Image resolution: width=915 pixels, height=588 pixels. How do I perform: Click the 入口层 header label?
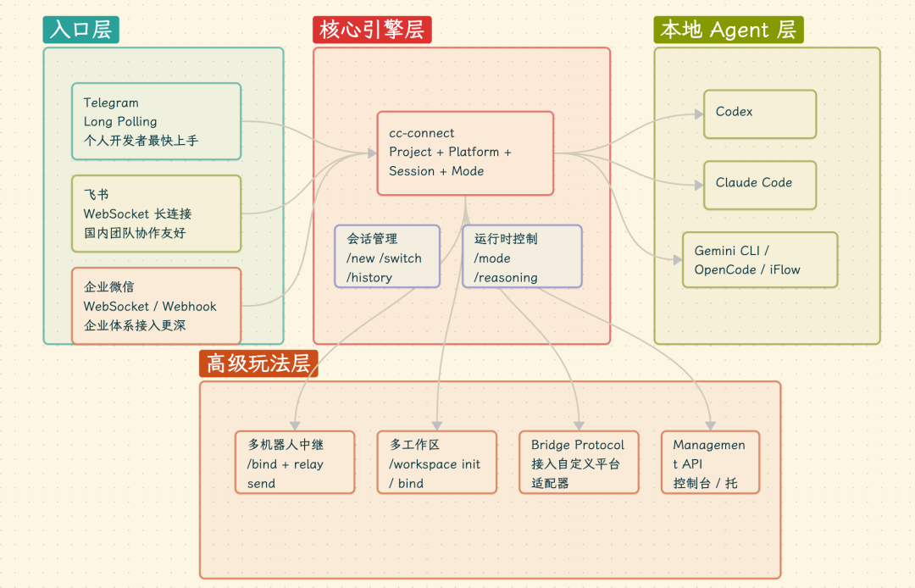(x=80, y=30)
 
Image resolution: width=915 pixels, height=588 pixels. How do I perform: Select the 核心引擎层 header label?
(x=372, y=30)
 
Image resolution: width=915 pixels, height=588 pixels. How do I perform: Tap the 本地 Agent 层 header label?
(x=728, y=30)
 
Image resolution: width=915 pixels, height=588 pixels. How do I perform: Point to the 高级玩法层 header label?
(x=258, y=363)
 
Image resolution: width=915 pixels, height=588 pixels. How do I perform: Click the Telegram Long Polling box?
(x=156, y=121)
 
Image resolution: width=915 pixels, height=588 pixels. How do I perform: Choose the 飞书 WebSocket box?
(x=156, y=214)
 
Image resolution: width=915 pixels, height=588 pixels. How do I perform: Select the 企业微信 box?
(x=156, y=306)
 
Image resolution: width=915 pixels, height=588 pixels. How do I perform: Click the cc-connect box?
(x=465, y=153)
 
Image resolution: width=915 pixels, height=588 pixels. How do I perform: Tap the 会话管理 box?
(x=387, y=257)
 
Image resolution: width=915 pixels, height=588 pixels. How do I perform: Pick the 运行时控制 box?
(x=522, y=257)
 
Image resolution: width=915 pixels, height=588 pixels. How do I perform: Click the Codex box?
(x=760, y=114)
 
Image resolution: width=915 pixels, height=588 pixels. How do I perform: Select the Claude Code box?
(x=760, y=185)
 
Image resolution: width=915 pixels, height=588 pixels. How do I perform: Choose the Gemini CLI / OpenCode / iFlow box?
(x=760, y=259)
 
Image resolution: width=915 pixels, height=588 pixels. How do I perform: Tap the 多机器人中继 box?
(x=295, y=463)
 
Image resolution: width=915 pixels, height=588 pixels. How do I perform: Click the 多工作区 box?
(x=437, y=463)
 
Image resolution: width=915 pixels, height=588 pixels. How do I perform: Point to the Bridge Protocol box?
(x=579, y=463)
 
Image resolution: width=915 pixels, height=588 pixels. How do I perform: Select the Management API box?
(x=710, y=463)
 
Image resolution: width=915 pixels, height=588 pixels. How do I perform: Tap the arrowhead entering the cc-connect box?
(x=372, y=153)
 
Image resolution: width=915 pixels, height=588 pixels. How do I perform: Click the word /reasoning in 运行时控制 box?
(x=506, y=277)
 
